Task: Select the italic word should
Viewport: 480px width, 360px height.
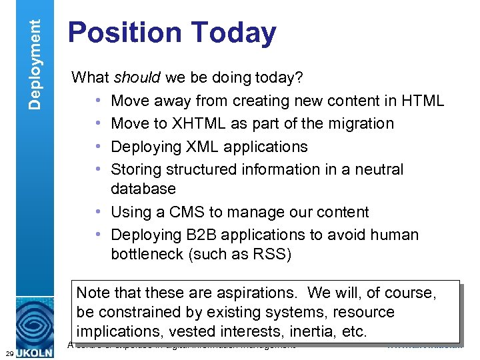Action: click(x=136, y=78)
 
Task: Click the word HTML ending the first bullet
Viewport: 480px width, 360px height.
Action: click(x=423, y=101)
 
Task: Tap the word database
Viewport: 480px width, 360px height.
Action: click(x=143, y=189)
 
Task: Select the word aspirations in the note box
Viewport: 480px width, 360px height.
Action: click(x=251, y=293)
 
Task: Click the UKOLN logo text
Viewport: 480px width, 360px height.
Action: click(x=37, y=351)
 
